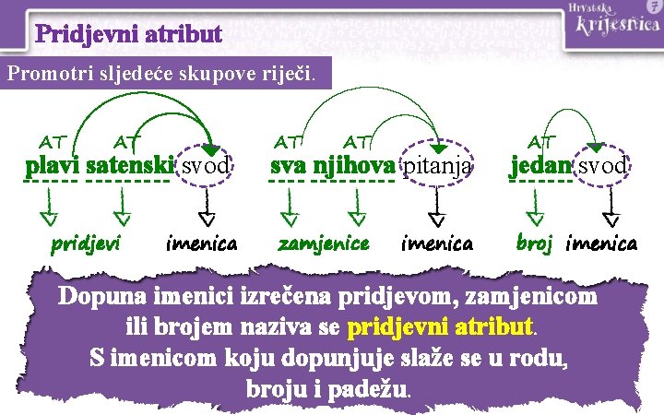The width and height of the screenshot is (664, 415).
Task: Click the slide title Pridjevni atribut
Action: (x=129, y=35)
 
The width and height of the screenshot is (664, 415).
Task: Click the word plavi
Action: (x=52, y=167)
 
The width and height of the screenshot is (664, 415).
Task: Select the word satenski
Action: (x=130, y=167)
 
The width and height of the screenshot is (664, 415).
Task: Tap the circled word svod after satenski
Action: (x=204, y=167)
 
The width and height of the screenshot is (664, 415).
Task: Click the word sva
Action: (x=289, y=167)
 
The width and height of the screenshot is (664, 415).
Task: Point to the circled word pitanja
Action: (x=438, y=167)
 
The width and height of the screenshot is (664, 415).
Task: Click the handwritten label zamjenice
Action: (x=324, y=243)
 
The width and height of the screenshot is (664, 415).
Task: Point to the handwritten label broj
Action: (x=534, y=243)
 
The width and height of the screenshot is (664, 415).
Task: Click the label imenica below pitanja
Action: (x=437, y=243)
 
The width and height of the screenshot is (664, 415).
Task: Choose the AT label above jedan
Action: (x=540, y=140)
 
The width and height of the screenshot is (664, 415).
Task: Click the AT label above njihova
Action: (x=356, y=140)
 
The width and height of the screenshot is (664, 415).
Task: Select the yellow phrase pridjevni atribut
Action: (x=441, y=326)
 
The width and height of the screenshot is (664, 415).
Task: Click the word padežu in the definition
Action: (x=362, y=387)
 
